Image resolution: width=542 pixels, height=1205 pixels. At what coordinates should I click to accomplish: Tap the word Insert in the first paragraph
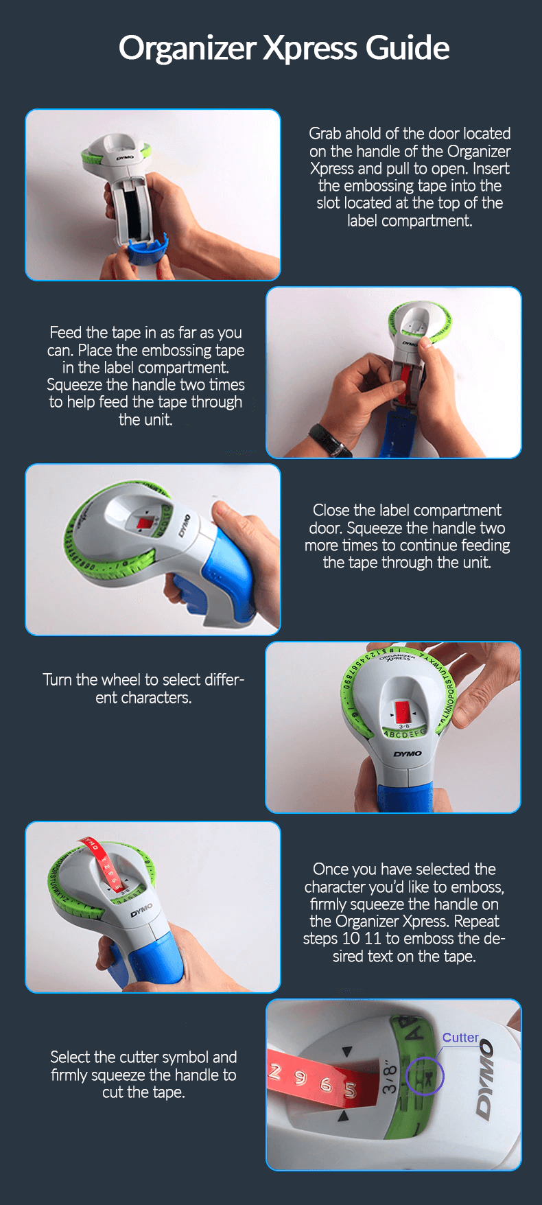point(491,169)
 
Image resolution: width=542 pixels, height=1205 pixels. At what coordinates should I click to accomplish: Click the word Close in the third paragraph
point(331,511)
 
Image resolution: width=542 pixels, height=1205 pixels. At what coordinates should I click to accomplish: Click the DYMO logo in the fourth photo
point(408,754)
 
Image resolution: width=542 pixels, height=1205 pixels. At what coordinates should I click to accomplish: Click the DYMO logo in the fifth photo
point(142,911)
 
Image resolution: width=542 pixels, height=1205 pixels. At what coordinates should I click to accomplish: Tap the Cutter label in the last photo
point(460,1038)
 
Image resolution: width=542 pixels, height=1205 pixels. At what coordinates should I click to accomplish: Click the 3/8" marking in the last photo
point(390,1077)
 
